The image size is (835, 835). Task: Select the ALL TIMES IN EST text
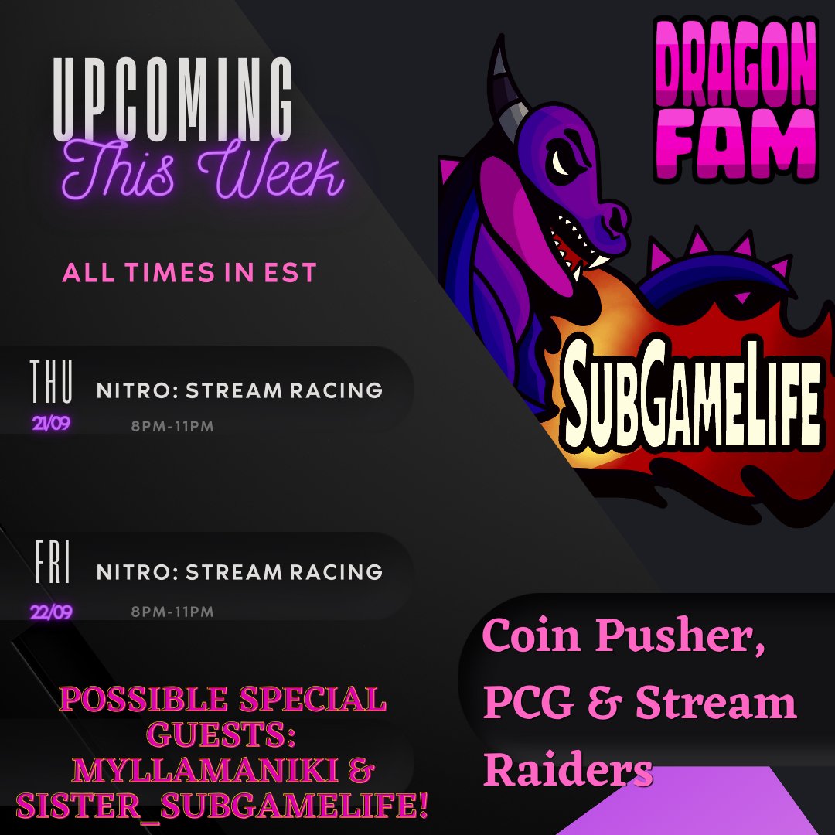click(x=189, y=273)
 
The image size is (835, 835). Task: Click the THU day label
click(x=52, y=382)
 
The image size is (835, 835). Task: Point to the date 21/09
click(x=51, y=424)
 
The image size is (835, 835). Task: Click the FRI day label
click(x=53, y=564)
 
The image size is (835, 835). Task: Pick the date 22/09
click(x=52, y=612)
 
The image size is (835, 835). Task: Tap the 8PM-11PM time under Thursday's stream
click(x=172, y=426)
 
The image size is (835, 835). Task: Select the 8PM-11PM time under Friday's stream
click(x=172, y=612)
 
